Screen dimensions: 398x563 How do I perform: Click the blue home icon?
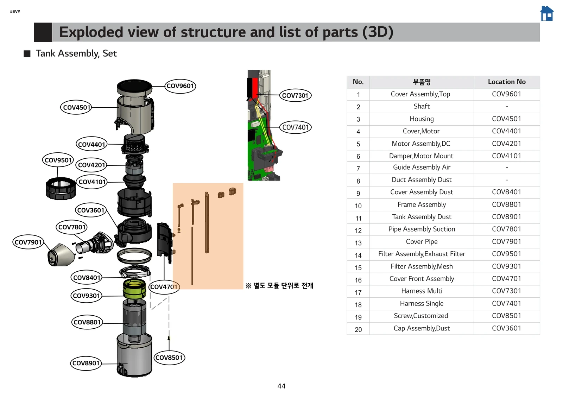click(547, 14)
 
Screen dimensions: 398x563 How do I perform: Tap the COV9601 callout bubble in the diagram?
click(180, 86)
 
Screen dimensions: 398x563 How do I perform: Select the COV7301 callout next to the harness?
click(295, 95)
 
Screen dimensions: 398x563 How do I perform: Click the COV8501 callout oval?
click(169, 358)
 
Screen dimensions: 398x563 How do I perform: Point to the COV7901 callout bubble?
click(28, 242)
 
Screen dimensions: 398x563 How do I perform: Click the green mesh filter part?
click(134, 289)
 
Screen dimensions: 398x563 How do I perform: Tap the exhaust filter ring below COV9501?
click(61, 188)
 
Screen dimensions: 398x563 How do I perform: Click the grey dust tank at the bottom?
click(134, 355)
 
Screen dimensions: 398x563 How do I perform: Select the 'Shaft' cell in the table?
click(422, 106)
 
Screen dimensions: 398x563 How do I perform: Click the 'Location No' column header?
click(506, 82)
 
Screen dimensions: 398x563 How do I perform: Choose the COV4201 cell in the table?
click(506, 144)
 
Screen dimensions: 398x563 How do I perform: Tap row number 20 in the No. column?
click(358, 329)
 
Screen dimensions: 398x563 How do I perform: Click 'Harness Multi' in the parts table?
click(422, 291)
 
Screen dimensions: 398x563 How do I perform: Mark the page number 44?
click(281, 386)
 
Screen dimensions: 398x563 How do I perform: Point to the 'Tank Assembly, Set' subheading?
click(76, 53)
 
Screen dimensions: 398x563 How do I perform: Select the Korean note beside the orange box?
click(279, 285)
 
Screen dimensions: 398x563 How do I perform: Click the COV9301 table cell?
click(506, 266)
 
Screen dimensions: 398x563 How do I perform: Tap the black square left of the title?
click(43, 32)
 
